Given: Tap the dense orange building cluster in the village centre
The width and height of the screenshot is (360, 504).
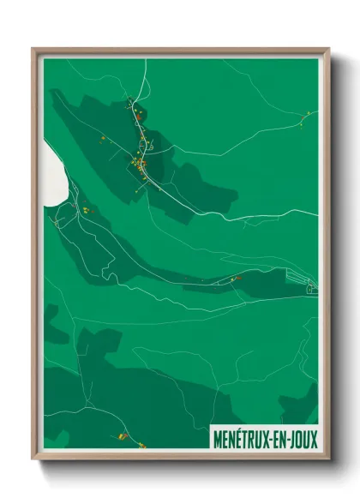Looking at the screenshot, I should click(140, 161).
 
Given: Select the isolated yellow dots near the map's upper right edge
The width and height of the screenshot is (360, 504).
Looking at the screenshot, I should click(303, 121).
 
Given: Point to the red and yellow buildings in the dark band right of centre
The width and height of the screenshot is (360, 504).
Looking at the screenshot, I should click(235, 278).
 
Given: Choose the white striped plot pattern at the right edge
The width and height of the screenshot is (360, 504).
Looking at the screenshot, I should click(307, 284).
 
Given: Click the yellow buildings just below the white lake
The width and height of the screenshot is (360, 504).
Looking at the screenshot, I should click(85, 208).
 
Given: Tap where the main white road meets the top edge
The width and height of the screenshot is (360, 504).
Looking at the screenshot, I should click(147, 60).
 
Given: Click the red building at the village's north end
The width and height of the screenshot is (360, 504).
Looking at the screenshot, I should click(135, 109).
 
